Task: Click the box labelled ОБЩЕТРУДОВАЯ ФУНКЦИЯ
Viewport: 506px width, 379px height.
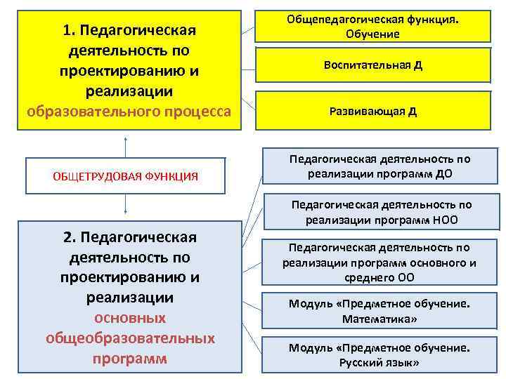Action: point(125,175)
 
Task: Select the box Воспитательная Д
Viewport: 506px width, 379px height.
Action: point(372,65)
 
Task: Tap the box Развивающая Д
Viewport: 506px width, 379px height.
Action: point(372,111)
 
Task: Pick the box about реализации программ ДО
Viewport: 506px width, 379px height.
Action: point(379,166)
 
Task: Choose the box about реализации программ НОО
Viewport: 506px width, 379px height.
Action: point(379,212)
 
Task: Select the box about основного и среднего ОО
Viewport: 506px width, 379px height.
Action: point(379,262)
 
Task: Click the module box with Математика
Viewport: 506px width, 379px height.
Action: point(379,311)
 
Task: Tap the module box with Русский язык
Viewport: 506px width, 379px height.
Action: point(379,354)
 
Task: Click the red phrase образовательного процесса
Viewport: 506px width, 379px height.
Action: point(129,112)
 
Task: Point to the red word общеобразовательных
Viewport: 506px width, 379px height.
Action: point(130,338)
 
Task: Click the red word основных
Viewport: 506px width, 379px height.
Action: point(130,318)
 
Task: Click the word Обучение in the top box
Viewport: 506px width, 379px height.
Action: point(372,34)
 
